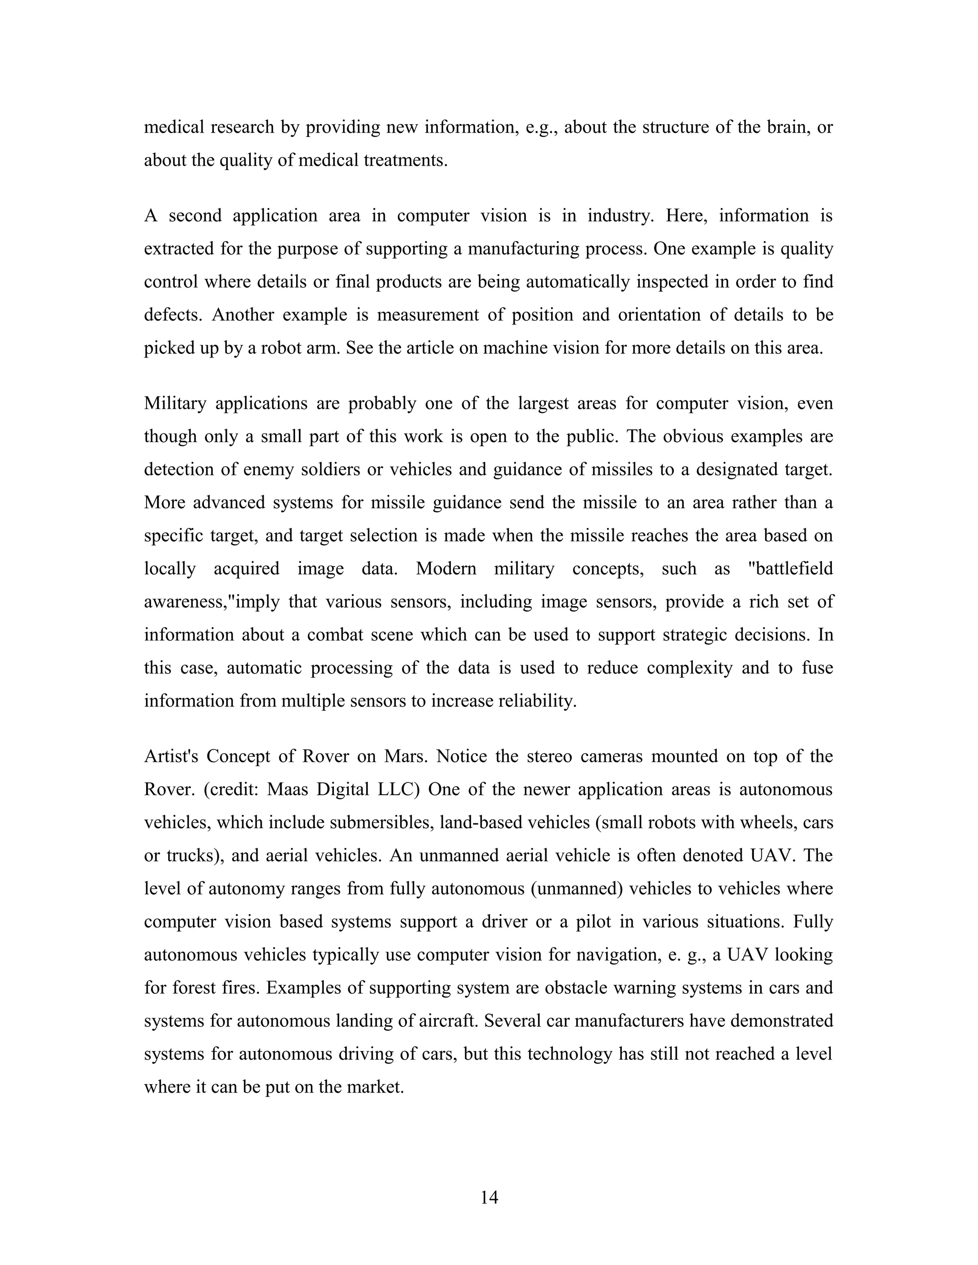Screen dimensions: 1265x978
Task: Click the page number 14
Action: [489, 1197]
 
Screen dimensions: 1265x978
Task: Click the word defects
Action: [174, 315]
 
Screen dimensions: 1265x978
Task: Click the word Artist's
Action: [171, 756]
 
